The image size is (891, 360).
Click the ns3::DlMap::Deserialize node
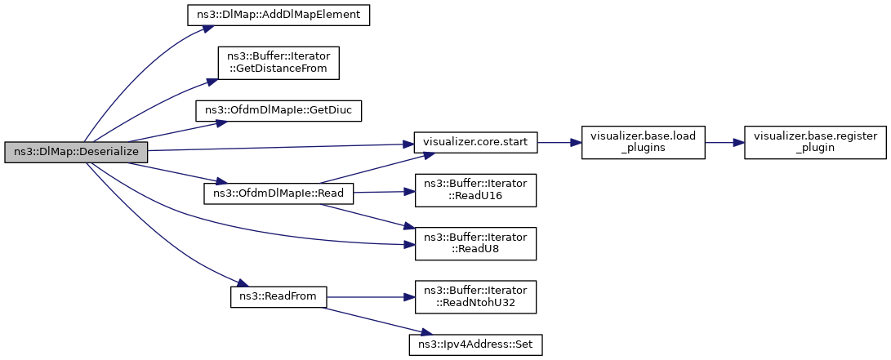click(76, 153)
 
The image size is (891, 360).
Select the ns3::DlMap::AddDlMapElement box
click(278, 15)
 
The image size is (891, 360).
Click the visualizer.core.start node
click(475, 142)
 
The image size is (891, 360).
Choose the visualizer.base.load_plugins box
click(644, 142)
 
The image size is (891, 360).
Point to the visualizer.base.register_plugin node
click(815, 142)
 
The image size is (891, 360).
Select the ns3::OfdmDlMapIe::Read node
click(278, 193)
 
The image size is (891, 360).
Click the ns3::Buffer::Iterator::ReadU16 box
click(475, 190)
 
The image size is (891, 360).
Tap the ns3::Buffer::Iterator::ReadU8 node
click(475, 244)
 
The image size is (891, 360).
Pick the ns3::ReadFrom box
click(278, 297)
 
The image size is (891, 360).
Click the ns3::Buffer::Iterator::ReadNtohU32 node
click(475, 297)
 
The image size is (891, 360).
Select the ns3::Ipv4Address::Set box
click(475, 344)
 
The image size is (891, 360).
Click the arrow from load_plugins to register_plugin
click(724, 142)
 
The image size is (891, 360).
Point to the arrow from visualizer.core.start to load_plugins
click(559, 142)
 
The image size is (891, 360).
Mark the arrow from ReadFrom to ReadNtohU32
click(371, 297)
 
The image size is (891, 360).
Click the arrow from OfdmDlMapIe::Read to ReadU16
click(384, 192)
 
